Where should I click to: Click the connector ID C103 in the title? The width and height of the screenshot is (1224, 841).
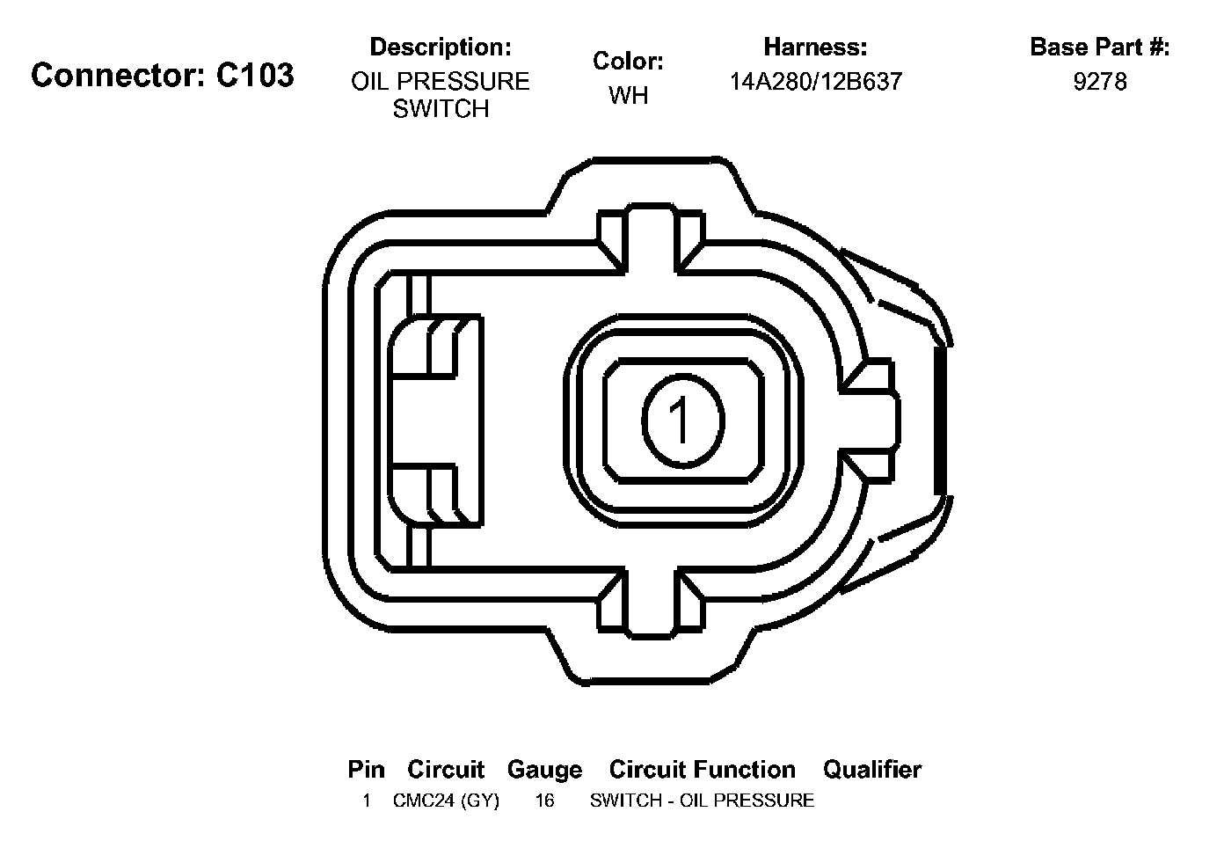click(x=255, y=75)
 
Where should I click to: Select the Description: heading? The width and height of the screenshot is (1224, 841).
click(x=441, y=47)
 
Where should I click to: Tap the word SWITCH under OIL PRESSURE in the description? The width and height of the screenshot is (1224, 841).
click(x=441, y=109)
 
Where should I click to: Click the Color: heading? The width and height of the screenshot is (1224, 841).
click(x=628, y=62)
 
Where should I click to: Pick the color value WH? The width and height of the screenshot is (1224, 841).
click(x=629, y=96)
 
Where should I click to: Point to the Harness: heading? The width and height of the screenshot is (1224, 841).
click(x=815, y=47)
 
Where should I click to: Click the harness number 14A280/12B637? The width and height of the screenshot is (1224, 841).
click(x=816, y=82)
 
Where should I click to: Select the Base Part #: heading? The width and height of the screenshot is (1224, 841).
click(x=1099, y=47)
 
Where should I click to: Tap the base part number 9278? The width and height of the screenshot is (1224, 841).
click(x=1100, y=82)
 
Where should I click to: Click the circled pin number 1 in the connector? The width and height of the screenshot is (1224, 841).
click(x=683, y=421)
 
